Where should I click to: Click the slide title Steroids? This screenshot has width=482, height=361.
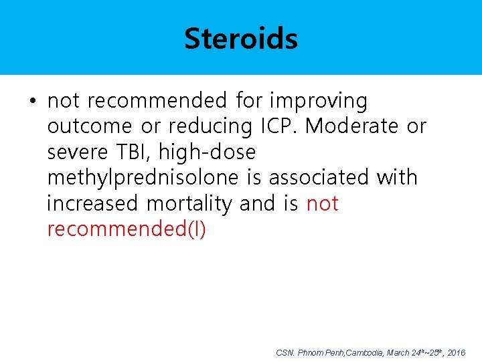coord(241,39)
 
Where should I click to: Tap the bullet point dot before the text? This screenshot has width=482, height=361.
coord(32,102)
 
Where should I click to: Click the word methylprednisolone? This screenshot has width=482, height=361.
coord(143,178)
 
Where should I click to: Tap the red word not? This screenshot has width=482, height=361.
coord(322,203)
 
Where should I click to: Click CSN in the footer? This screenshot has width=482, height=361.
coord(285,352)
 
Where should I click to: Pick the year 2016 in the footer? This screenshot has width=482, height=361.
coord(456,352)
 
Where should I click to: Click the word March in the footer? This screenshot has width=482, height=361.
coord(399,352)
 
